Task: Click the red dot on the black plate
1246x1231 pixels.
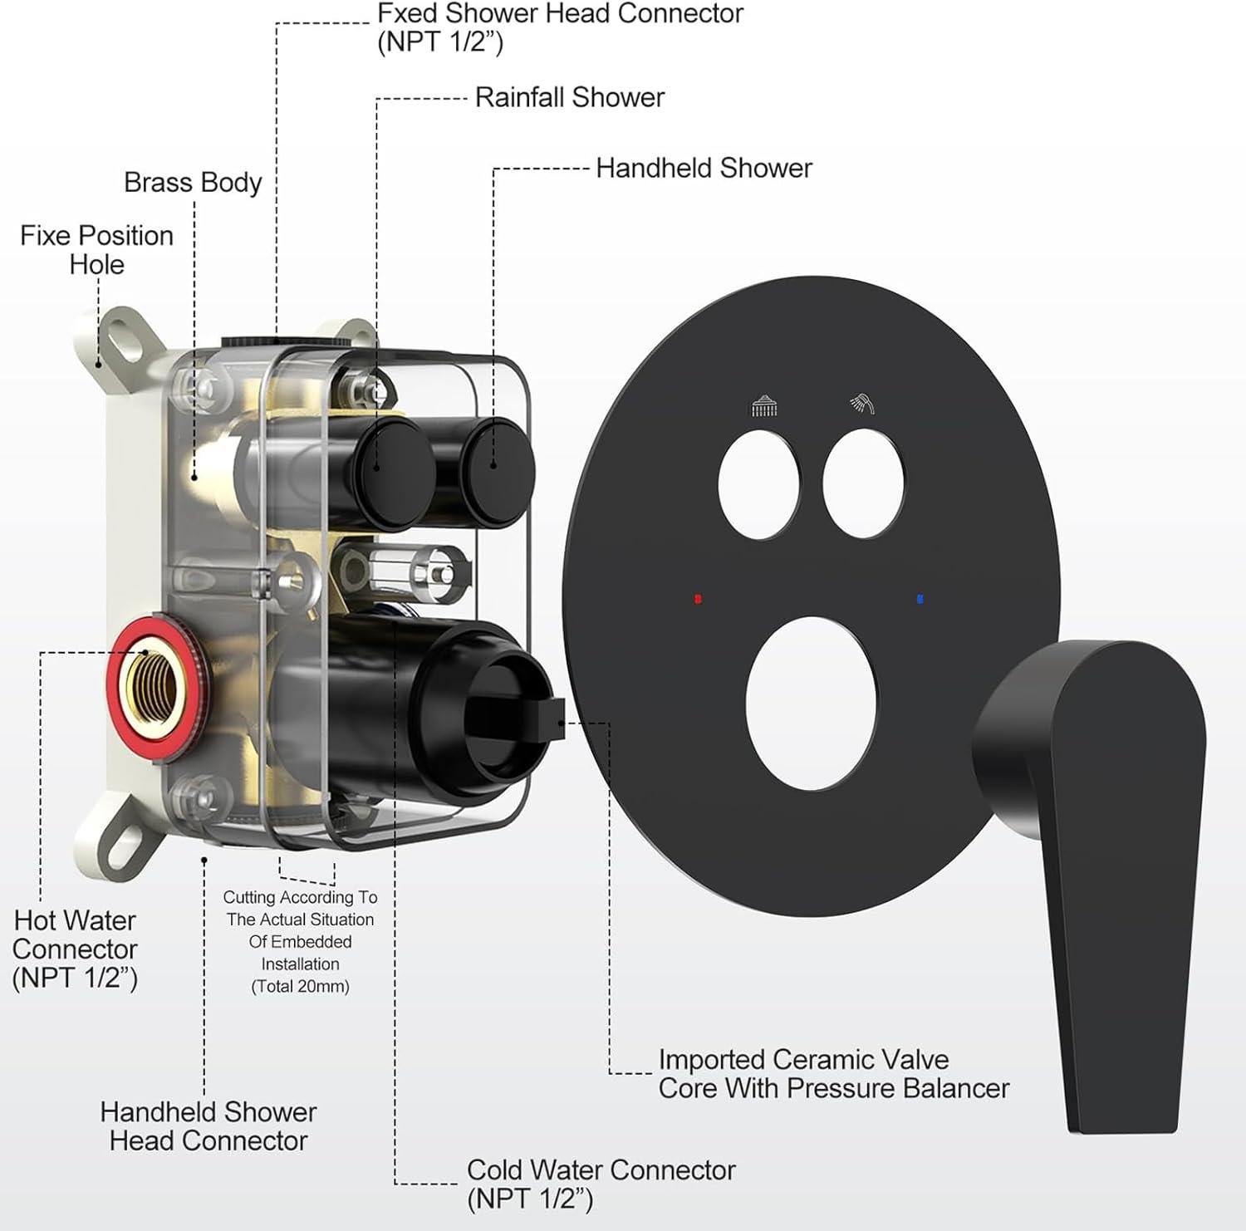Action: point(698,598)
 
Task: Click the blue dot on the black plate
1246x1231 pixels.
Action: point(920,598)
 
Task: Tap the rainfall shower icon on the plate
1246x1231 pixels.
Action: point(764,407)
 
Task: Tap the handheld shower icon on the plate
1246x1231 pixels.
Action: point(863,404)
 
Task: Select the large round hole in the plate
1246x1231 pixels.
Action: point(811,703)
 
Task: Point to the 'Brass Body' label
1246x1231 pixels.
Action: point(193,182)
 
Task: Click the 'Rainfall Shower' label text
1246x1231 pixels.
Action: point(569,97)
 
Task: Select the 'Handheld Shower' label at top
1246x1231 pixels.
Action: point(704,168)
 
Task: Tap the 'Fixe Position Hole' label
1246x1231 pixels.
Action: point(96,249)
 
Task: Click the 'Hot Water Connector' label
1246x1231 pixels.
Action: point(75,949)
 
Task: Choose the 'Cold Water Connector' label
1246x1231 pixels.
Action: point(601,1170)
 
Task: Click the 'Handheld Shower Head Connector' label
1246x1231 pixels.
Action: point(208,1126)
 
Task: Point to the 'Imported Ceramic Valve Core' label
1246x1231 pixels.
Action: point(833,1073)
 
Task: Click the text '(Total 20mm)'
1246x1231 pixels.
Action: point(300,986)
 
